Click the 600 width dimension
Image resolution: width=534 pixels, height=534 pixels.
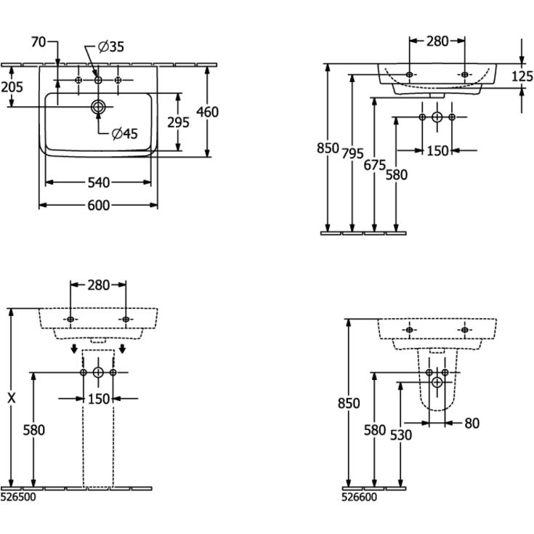(99, 206)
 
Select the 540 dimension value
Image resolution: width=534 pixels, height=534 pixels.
(99, 183)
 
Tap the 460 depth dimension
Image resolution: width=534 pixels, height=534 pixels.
(207, 112)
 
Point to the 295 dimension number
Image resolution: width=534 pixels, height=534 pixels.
(178, 122)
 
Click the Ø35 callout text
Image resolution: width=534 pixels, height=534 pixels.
(111, 47)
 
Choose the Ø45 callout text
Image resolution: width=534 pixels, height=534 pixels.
(125, 134)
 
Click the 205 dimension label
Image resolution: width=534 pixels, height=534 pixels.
(12, 87)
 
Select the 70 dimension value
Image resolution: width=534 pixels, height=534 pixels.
(38, 42)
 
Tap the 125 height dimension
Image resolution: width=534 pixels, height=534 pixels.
(522, 76)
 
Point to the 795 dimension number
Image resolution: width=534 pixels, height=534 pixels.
(352, 153)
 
